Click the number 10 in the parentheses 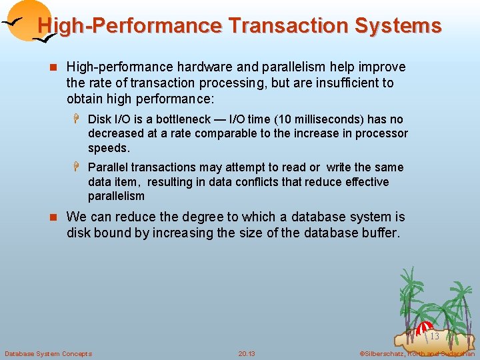pos(281,119)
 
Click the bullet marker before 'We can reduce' pos(55,217)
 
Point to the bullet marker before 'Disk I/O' pos(77,119)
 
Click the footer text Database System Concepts pos(48,353)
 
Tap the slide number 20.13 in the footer pos(247,353)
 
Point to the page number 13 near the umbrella pos(434,336)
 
